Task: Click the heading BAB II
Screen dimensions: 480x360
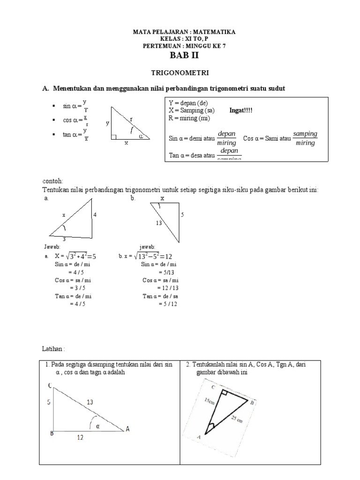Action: [x=180, y=57]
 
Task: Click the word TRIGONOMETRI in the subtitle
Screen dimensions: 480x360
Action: [x=180, y=73]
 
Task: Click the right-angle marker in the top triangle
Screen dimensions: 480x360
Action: [x=113, y=137]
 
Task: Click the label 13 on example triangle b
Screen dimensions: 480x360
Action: [x=158, y=223]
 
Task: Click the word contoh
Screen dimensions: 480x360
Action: [x=52, y=181]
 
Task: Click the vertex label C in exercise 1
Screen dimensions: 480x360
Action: [x=50, y=385]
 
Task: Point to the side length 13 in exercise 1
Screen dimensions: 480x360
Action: [x=90, y=402]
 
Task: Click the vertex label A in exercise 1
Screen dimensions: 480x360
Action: [x=127, y=429]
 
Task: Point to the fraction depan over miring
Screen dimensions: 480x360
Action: [x=227, y=138]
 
